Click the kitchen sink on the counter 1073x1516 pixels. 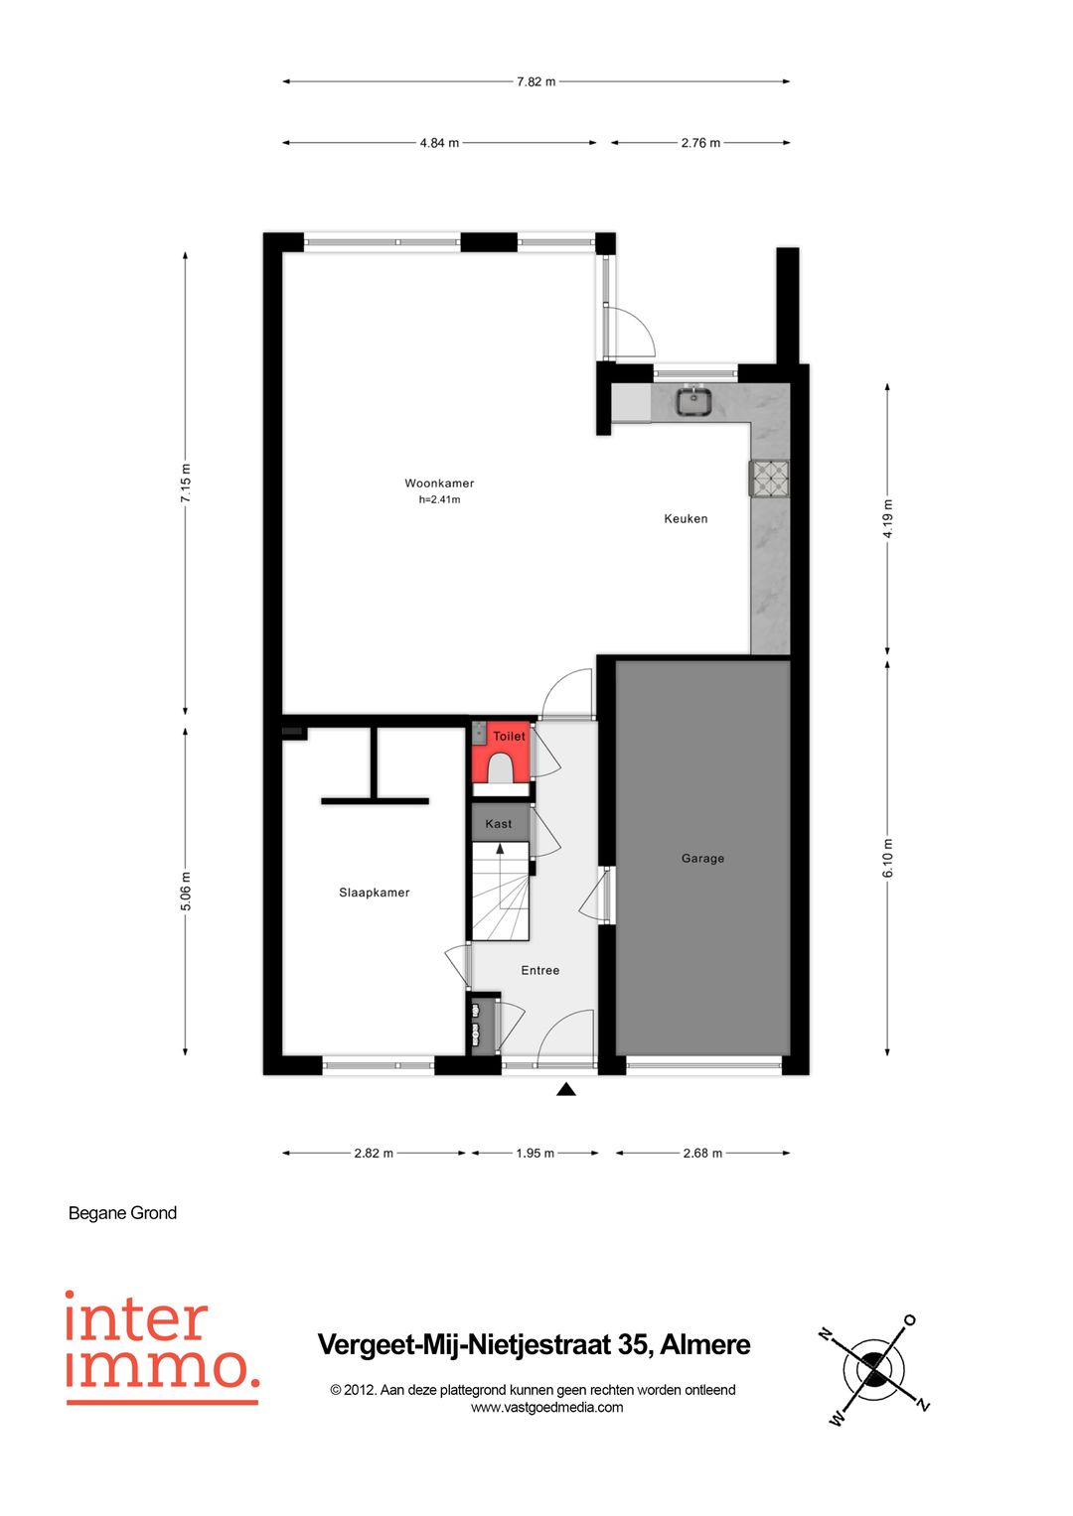click(692, 401)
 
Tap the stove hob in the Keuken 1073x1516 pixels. click(770, 479)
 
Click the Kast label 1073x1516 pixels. click(499, 824)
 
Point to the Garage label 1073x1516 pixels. click(702, 859)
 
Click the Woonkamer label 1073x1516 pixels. click(439, 483)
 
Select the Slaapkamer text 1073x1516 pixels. click(374, 893)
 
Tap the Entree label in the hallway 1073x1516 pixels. click(539, 971)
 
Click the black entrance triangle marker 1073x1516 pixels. click(566, 1090)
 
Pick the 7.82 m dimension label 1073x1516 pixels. click(536, 81)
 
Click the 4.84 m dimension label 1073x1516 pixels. click(439, 143)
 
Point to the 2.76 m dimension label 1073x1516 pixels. click(700, 143)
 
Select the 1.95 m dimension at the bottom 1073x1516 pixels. click(535, 1154)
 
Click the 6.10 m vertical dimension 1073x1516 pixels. click(888, 858)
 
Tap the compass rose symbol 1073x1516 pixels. click(873, 1371)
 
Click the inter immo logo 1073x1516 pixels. click(162, 1347)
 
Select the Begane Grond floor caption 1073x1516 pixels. click(122, 1213)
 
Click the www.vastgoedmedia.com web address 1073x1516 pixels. click(546, 1407)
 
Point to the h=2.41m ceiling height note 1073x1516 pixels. click(439, 500)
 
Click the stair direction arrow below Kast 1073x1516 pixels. click(500, 850)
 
